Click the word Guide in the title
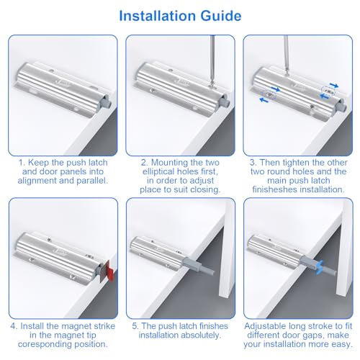tap(221, 16)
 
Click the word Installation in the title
tap(158, 16)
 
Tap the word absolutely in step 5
tap(200, 336)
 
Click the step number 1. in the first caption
tap(22, 163)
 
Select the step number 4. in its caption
tap(14, 326)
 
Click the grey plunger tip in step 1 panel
tap(107, 102)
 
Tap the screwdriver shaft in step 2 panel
tap(212, 60)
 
